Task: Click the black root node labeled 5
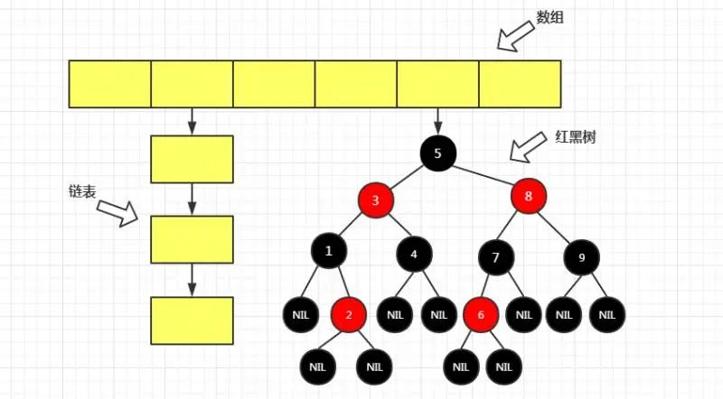click(x=438, y=153)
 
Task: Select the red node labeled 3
click(x=375, y=199)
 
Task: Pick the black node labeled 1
click(x=329, y=251)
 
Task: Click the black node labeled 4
click(x=414, y=255)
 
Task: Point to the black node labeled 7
click(x=496, y=258)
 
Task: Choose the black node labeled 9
click(x=581, y=258)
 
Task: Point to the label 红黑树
click(x=575, y=138)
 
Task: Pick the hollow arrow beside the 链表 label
click(x=117, y=211)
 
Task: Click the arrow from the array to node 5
click(x=438, y=119)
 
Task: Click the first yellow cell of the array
click(x=110, y=83)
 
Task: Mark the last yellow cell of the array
click(x=520, y=83)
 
